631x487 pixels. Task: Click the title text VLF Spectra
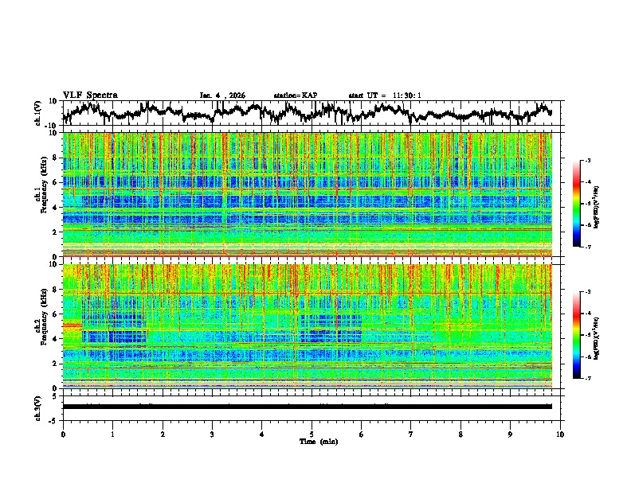click(90, 95)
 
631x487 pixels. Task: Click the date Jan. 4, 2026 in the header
click(222, 95)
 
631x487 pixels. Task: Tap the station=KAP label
click(295, 95)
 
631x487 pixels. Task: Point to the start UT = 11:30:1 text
click(384, 95)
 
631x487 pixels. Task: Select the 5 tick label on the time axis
click(312, 434)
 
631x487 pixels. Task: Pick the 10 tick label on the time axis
click(560, 434)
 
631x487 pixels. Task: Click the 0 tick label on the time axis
click(63, 434)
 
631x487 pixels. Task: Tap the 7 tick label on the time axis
click(411, 434)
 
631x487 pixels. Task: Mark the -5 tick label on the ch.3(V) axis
click(53, 419)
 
